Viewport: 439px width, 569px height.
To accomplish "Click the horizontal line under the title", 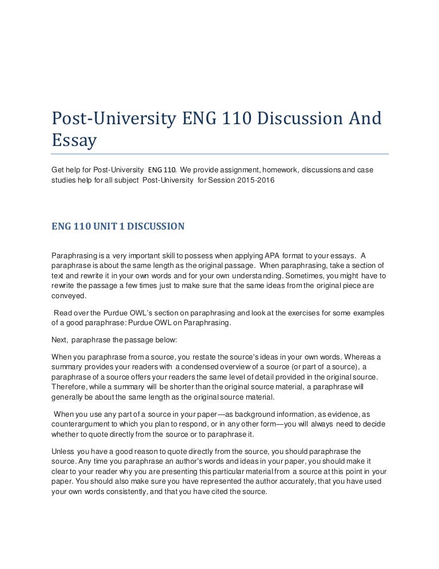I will [219, 153].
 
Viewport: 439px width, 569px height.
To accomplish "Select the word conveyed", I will [69, 295].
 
